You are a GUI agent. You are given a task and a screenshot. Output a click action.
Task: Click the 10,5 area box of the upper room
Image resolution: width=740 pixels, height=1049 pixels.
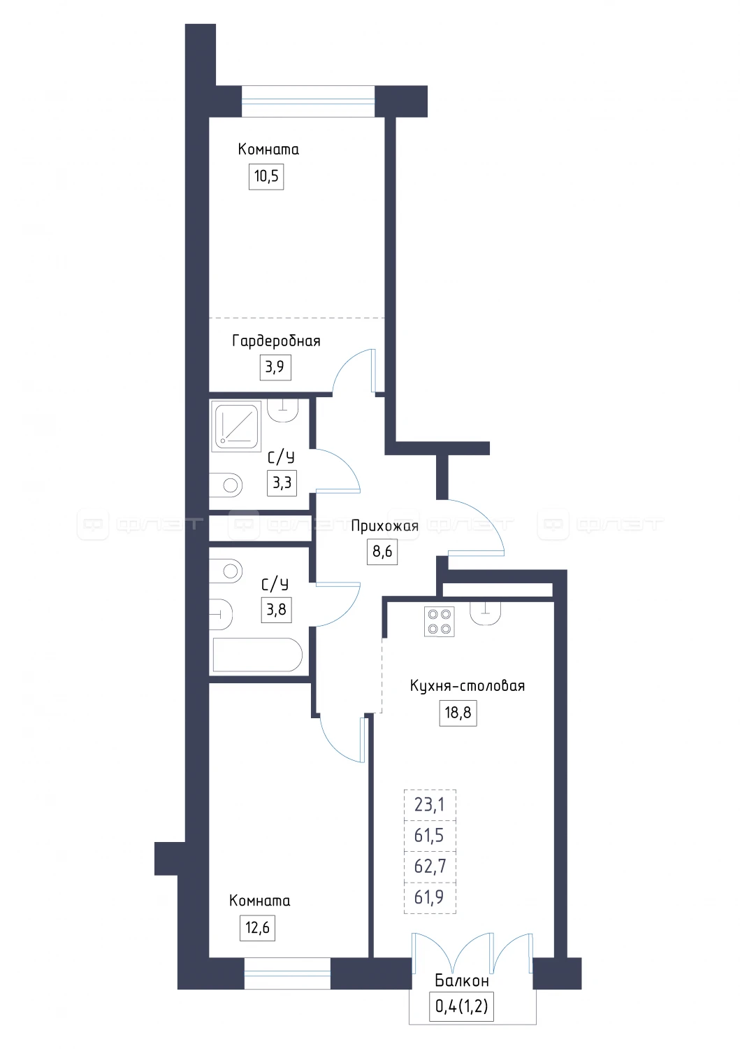[x=266, y=176]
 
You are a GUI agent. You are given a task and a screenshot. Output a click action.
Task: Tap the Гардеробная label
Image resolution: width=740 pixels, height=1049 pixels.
[x=276, y=341]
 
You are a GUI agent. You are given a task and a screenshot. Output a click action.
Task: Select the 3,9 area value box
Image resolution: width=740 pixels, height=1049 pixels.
[x=275, y=366]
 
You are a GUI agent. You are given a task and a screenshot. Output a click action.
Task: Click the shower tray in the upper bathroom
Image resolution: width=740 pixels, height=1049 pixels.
[x=236, y=427]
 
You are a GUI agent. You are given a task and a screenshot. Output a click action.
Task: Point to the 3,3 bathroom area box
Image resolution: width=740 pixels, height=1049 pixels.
[x=282, y=483]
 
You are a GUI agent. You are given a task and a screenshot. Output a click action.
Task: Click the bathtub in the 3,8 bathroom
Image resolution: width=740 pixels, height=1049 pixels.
[x=257, y=655]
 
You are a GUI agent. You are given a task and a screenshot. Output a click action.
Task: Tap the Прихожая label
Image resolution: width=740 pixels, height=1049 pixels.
[x=384, y=527]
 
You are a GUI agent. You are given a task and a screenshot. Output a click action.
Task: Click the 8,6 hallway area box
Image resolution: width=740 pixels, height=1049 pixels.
[x=382, y=552]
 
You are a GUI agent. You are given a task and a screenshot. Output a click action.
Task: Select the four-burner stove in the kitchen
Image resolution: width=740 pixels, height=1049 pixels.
[x=439, y=622]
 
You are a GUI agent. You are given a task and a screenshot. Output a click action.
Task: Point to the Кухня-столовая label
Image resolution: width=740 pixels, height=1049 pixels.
[x=467, y=686]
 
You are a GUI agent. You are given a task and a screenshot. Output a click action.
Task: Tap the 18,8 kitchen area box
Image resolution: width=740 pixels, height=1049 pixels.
[x=458, y=713]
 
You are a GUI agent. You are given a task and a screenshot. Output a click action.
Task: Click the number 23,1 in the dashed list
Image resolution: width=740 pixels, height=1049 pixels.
[x=429, y=805]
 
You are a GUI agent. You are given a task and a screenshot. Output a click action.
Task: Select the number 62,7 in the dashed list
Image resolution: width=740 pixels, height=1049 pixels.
[x=429, y=866]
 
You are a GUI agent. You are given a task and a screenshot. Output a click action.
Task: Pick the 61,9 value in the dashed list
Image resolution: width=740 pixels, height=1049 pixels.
[x=429, y=897]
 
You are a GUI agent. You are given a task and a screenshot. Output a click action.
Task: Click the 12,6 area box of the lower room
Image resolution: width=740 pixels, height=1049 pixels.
[x=257, y=928]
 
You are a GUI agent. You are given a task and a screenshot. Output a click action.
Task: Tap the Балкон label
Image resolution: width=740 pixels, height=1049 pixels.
[x=461, y=980]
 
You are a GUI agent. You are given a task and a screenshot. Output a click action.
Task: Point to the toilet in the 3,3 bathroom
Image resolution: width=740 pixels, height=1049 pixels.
[x=226, y=485]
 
